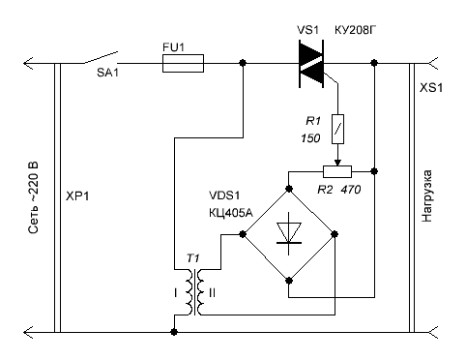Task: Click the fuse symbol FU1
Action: [183, 63]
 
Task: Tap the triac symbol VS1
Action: [311, 64]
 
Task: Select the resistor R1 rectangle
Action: [337, 129]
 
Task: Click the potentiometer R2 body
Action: [337, 172]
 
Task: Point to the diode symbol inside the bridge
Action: [289, 233]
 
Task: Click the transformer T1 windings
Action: [194, 292]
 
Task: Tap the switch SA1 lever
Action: [101, 57]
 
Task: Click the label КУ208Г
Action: [356, 30]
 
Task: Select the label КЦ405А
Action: [231, 213]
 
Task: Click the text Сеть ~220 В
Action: [33, 197]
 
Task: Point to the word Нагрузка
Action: [426, 196]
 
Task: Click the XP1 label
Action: [77, 196]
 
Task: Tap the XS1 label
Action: [431, 88]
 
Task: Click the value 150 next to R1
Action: [310, 138]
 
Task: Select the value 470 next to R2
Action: [351, 190]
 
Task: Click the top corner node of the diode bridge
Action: [289, 189]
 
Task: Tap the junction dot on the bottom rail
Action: [174, 332]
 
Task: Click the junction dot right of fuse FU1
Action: [243, 63]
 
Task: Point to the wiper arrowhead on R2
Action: [337, 163]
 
